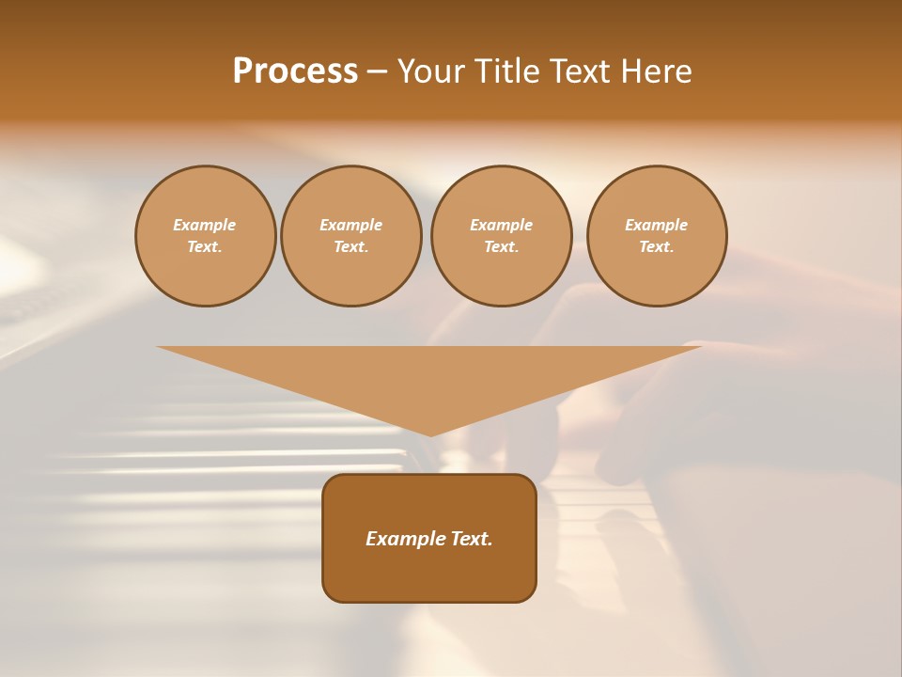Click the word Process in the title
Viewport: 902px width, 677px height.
295,71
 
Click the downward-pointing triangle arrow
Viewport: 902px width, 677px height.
429,376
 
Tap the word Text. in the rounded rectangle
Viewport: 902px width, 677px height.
470,539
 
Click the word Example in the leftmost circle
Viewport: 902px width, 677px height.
205,225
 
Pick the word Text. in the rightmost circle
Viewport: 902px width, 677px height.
657,246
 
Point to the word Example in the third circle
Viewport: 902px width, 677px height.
501,225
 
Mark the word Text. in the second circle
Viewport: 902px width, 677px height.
350,246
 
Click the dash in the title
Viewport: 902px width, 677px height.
377,72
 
